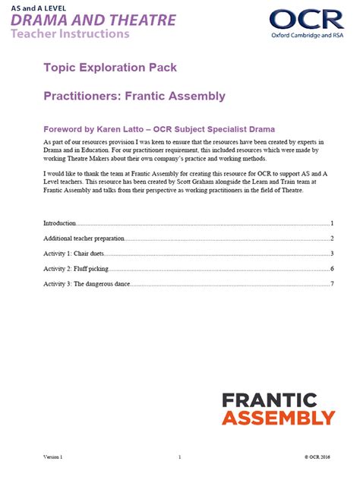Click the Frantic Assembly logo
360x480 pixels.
click(x=278, y=408)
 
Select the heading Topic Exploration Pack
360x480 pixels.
click(x=105, y=68)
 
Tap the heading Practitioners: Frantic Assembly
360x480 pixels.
click(x=134, y=96)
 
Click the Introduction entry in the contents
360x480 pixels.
click(x=60, y=223)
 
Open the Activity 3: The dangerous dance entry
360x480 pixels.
click(x=87, y=284)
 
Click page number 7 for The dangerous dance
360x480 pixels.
click(x=333, y=284)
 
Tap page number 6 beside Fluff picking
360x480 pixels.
click(x=333, y=269)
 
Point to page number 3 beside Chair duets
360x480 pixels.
click(x=333, y=254)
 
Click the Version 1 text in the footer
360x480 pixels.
click(x=53, y=457)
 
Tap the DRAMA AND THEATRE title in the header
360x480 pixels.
click(x=102, y=20)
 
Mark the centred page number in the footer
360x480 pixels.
click(x=180, y=457)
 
